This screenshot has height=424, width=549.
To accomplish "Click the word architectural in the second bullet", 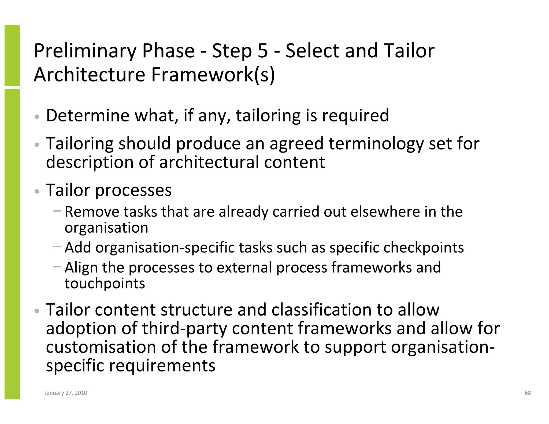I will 209,162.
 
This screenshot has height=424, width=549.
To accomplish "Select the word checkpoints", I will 424,247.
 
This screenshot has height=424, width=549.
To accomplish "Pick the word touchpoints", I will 105,283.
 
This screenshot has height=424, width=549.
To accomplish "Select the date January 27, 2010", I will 66,393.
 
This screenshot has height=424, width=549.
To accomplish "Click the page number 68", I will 528,393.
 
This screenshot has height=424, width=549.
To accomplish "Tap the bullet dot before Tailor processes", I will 37,192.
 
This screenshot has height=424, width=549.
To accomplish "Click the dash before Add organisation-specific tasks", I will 57,246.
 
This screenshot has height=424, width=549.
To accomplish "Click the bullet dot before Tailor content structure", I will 37,311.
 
